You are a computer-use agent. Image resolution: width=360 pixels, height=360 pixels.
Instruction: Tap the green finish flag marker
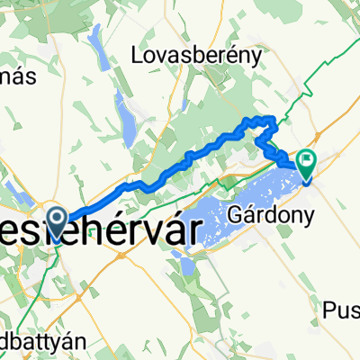click(308, 162)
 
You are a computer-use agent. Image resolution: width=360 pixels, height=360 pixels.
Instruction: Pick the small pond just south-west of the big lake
click(186, 265)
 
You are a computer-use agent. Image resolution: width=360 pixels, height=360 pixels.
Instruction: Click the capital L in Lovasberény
click(138, 56)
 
